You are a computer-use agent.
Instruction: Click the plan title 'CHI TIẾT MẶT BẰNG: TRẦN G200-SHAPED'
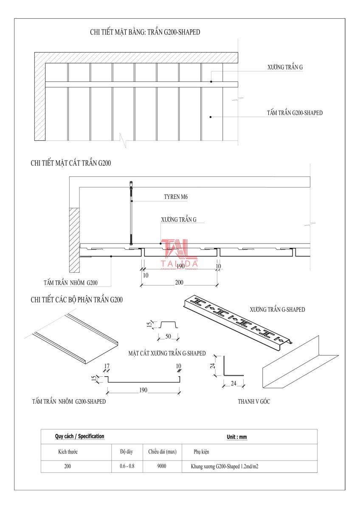click(145, 32)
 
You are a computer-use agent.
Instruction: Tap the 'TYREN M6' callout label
click(176, 197)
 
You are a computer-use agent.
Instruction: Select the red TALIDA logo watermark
click(179, 254)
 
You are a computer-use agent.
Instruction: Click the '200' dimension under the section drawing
click(179, 282)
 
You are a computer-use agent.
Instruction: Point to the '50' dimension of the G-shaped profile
click(168, 336)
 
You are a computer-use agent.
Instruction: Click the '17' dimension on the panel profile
click(107, 366)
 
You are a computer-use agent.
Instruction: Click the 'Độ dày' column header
click(127, 451)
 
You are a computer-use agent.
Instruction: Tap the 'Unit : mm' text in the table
click(236, 437)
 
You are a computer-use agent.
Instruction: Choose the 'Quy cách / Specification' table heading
click(79, 436)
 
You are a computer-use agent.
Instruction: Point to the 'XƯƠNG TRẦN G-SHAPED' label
click(277, 310)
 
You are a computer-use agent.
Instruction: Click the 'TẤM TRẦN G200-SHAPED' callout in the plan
click(295, 113)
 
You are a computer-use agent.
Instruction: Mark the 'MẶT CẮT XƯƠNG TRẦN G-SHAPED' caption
click(167, 353)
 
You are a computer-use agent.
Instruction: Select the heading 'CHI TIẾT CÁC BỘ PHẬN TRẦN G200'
click(77, 300)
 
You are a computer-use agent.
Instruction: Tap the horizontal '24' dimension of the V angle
click(233, 383)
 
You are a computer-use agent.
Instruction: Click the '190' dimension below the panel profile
click(143, 390)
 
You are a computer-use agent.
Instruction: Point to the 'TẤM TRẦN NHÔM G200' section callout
click(70, 282)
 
